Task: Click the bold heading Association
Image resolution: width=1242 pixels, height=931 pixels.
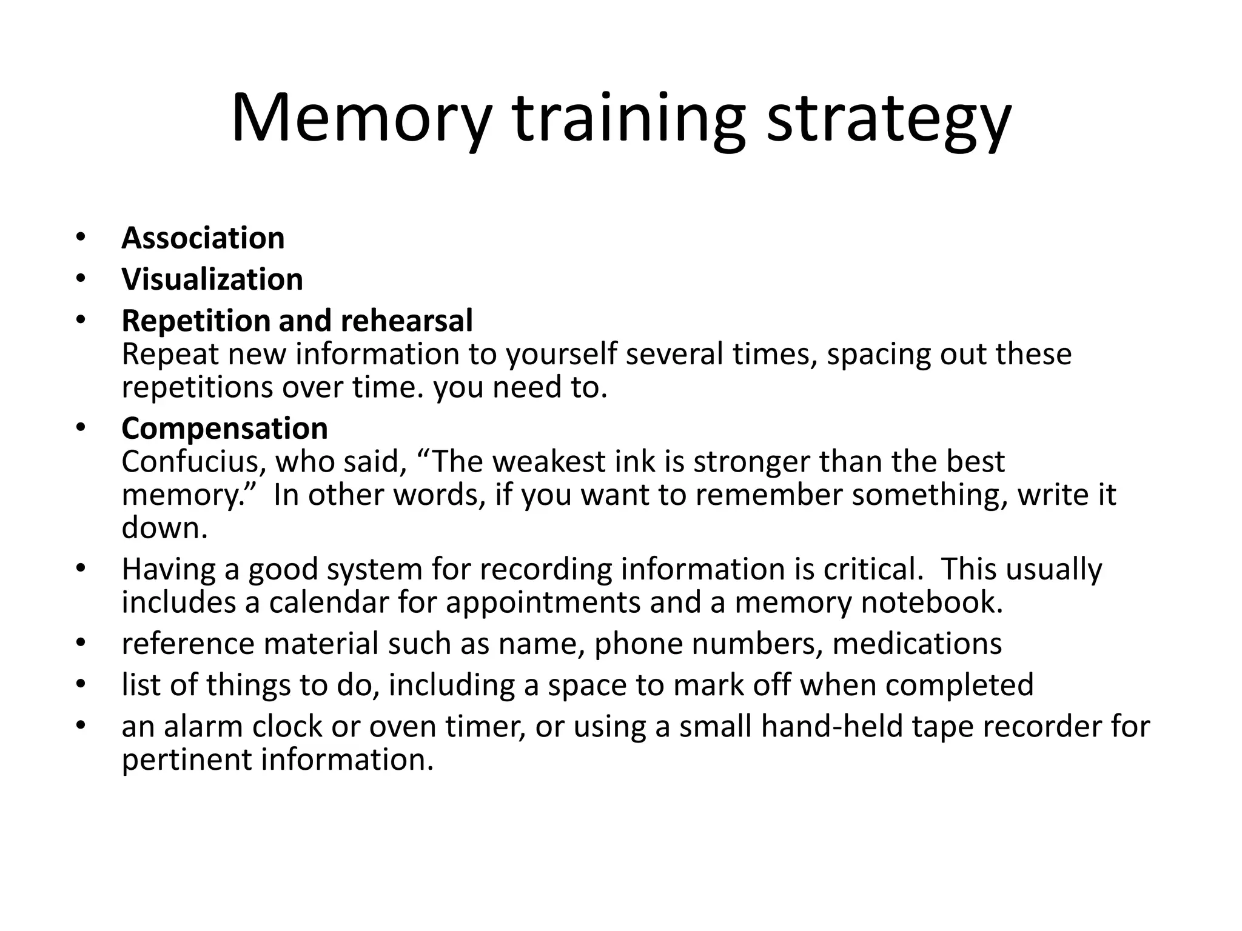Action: point(203,238)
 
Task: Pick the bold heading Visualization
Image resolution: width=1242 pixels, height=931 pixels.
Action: point(212,279)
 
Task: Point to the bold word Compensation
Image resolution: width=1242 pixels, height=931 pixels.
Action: point(224,429)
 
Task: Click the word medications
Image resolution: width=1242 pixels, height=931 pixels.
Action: point(917,644)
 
